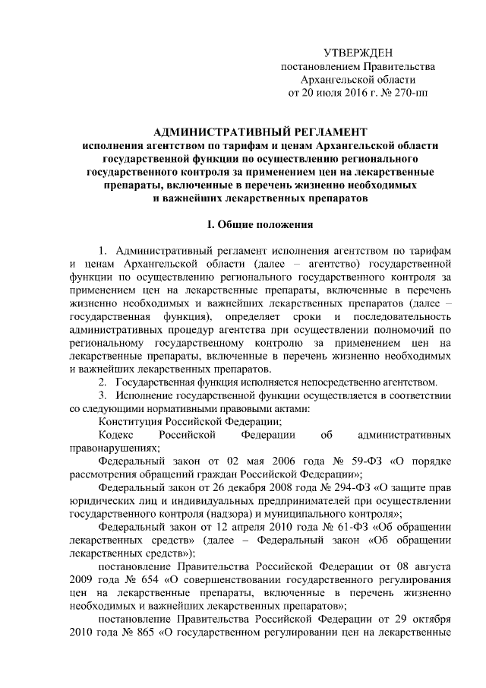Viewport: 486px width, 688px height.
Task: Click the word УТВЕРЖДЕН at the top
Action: [357, 52]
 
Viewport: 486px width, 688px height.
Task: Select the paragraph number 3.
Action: [103, 395]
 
